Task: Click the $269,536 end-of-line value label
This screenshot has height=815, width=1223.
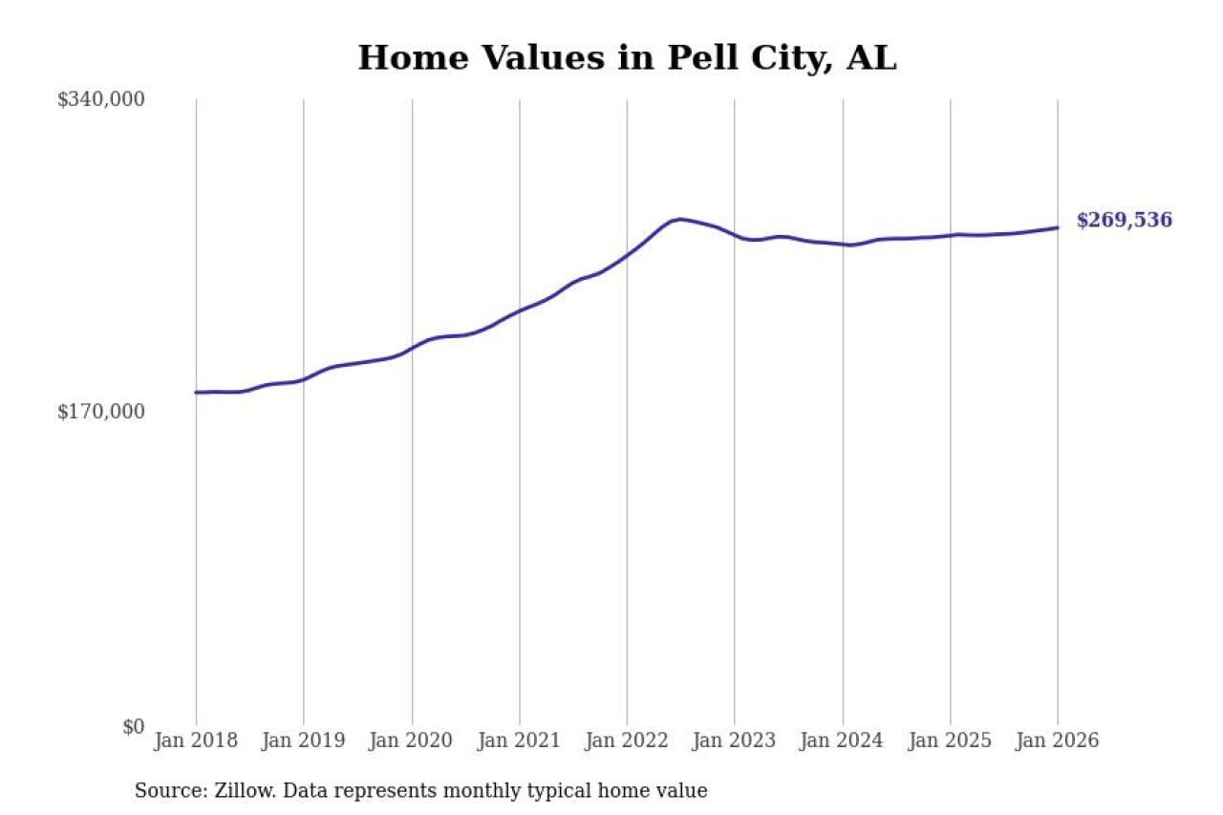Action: point(1124,221)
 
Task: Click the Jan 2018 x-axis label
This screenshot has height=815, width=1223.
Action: point(196,740)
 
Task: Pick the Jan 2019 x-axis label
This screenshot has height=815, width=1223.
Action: point(304,740)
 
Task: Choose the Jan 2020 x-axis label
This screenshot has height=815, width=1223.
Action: point(412,740)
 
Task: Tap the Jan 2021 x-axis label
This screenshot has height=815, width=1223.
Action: point(519,740)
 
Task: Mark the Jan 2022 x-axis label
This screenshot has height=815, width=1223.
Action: point(627,740)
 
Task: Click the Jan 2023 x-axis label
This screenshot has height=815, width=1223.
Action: point(735,740)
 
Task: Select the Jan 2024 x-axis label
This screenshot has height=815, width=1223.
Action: point(843,740)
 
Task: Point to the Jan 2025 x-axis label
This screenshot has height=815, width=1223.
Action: point(950,740)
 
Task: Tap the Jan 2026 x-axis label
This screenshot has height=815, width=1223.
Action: point(1058,740)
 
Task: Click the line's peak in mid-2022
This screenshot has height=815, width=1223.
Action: point(678,219)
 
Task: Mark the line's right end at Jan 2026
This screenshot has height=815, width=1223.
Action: point(1058,227)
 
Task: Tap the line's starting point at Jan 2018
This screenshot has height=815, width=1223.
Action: point(196,393)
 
